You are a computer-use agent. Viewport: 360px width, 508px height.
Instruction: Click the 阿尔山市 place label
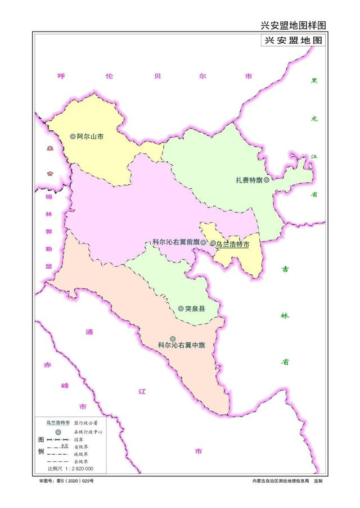90,136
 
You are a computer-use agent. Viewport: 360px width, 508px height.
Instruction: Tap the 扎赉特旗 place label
249,180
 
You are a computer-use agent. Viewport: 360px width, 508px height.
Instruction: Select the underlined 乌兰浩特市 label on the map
233,244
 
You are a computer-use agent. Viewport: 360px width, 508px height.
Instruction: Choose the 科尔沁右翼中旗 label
181,345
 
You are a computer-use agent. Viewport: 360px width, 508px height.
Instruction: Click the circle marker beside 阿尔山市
73,136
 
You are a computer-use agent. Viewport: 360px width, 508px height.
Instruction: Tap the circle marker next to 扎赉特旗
266,180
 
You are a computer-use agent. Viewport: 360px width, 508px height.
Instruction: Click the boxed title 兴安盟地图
293,41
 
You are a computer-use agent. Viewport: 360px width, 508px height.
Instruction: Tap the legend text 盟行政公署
86,422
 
